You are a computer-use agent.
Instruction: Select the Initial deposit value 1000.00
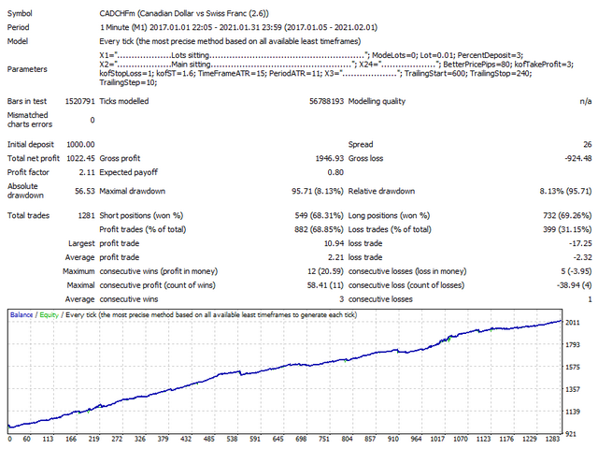coord(77,144)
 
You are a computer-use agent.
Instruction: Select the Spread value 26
coord(586,144)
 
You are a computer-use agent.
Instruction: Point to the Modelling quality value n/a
coord(585,100)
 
